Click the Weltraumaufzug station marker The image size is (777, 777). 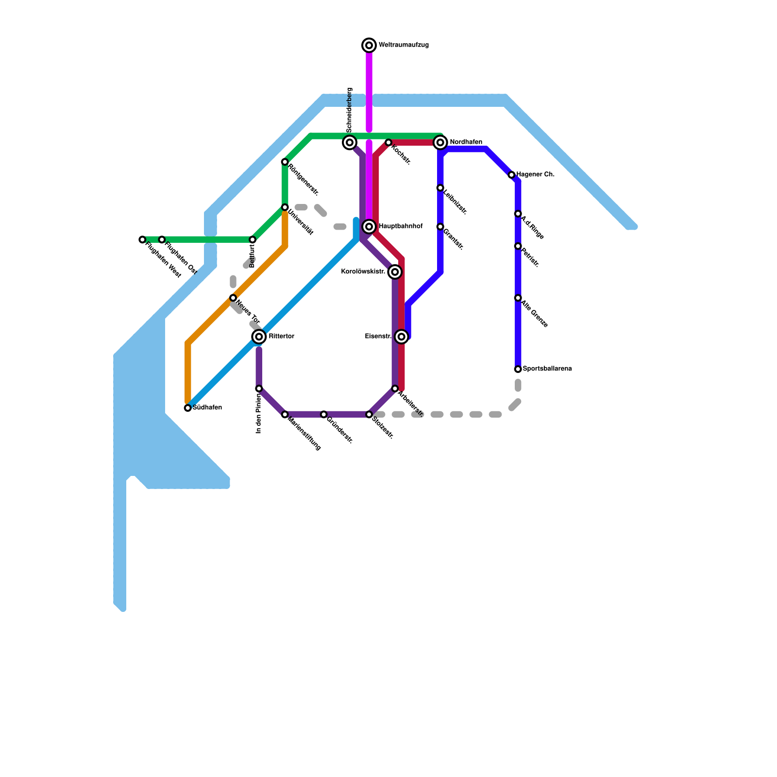point(369,45)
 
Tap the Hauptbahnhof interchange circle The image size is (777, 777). point(369,226)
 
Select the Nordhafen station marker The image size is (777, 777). point(440,142)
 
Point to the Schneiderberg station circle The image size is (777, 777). point(350,142)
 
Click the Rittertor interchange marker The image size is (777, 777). point(259,337)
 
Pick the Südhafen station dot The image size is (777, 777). point(188,408)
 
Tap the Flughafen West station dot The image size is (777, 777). point(142,239)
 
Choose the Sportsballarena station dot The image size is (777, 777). point(518,369)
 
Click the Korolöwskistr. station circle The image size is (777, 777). point(395,272)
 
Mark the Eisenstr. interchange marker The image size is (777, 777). point(401,337)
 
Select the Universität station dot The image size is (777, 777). point(285,207)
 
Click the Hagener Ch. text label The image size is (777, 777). point(535,174)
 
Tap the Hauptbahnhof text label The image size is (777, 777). point(401,226)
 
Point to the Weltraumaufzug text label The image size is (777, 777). point(404,45)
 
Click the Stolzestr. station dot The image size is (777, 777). point(369,414)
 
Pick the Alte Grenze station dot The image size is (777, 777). point(518,298)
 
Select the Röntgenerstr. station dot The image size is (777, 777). point(285,162)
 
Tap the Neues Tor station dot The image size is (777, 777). point(233,298)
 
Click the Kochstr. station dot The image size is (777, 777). point(388,142)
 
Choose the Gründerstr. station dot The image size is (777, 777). point(324,414)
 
